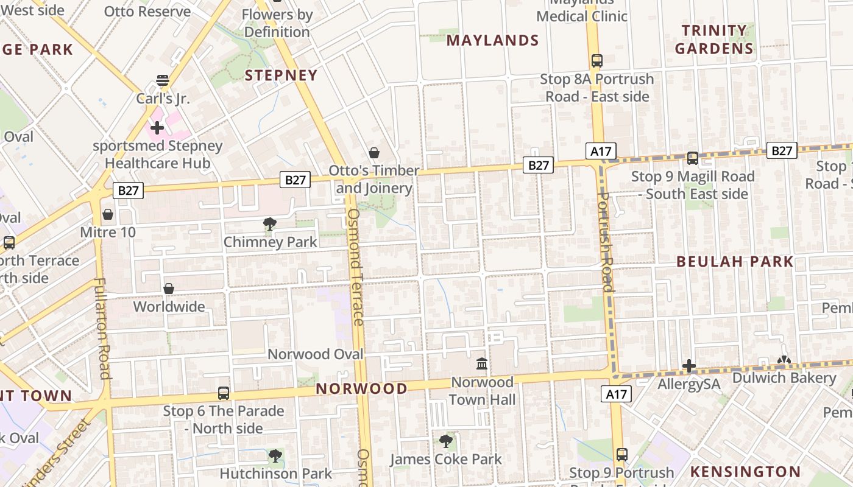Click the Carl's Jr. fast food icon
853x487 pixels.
pos(162,80)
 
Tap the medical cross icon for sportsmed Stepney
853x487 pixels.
pos(157,128)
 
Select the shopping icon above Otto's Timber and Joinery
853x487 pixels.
pos(373,153)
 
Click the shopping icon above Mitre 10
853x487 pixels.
pos(108,214)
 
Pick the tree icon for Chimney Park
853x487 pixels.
pos(270,224)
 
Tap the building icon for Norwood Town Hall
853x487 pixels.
pos(482,364)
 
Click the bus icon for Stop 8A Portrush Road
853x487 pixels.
pos(596,61)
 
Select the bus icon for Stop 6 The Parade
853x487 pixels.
pos(224,393)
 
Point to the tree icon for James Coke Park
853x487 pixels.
pos(446,441)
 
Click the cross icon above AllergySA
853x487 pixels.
pos(689,366)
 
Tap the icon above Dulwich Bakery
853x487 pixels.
pos(784,361)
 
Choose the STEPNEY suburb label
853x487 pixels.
pos(281,75)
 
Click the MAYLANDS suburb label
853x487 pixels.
pos(493,41)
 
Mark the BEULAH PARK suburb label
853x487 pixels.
pos(735,262)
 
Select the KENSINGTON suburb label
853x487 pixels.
pos(745,472)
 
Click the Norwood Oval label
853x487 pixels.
pos(316,354)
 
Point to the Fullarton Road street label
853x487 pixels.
pos(102,329)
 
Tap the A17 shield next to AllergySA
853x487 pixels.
pos(616,394)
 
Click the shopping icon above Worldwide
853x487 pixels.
pos(169,289)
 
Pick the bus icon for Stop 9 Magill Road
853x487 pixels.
pos(693,158)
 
